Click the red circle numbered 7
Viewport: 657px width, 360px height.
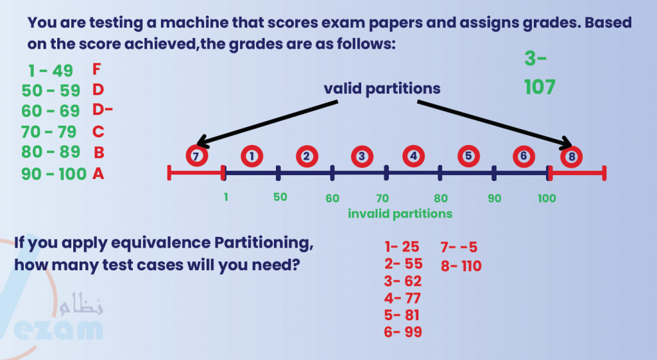196,155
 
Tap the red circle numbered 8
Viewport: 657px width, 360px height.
571,155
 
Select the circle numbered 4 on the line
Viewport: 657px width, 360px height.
413,155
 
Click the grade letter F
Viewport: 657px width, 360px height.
97,69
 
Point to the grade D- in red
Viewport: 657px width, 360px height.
103,110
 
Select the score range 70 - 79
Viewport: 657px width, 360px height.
49,132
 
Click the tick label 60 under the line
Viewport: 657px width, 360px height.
332,198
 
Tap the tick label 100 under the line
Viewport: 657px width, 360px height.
547,198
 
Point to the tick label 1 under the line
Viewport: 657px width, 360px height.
226,198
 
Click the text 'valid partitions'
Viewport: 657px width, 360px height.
382,89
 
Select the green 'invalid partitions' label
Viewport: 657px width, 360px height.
400,214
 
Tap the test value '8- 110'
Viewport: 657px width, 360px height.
461,266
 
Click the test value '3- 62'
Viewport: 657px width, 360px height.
404,280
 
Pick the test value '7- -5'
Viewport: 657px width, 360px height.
459,247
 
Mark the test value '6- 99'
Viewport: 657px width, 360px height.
404,331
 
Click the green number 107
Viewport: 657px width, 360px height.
540,87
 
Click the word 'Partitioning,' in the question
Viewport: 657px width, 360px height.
264,243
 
